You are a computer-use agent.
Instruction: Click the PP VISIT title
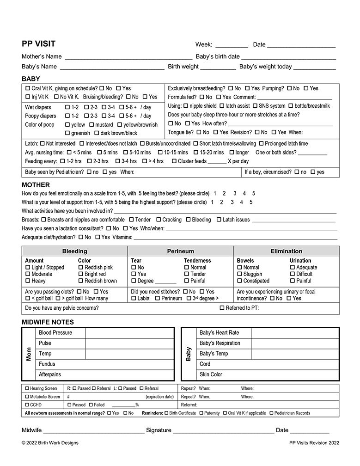pos(38,44)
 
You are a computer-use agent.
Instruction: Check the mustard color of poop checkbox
pos(92,125)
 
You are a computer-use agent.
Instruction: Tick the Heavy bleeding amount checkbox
pos(28,281)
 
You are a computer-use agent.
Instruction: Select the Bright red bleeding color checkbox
pos(81,274)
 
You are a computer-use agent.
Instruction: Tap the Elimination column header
pos(286,251)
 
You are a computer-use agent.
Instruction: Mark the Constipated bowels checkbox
pos(239,281)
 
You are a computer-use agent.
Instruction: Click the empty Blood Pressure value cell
pos(129,333)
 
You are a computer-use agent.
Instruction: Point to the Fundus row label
pos(47,364)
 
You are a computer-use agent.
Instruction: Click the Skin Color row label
pos(211,374)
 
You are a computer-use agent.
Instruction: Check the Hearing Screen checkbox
pos(27,389)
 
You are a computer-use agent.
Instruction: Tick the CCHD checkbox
pos(27,405)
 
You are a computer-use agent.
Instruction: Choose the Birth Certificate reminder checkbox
pos(166,413)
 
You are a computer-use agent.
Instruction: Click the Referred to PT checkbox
pos(222,308)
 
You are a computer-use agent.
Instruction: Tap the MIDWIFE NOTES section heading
pos(48,322)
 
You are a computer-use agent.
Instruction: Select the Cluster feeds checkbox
pos(174,161)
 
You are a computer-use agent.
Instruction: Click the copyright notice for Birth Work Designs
pos(50,443)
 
